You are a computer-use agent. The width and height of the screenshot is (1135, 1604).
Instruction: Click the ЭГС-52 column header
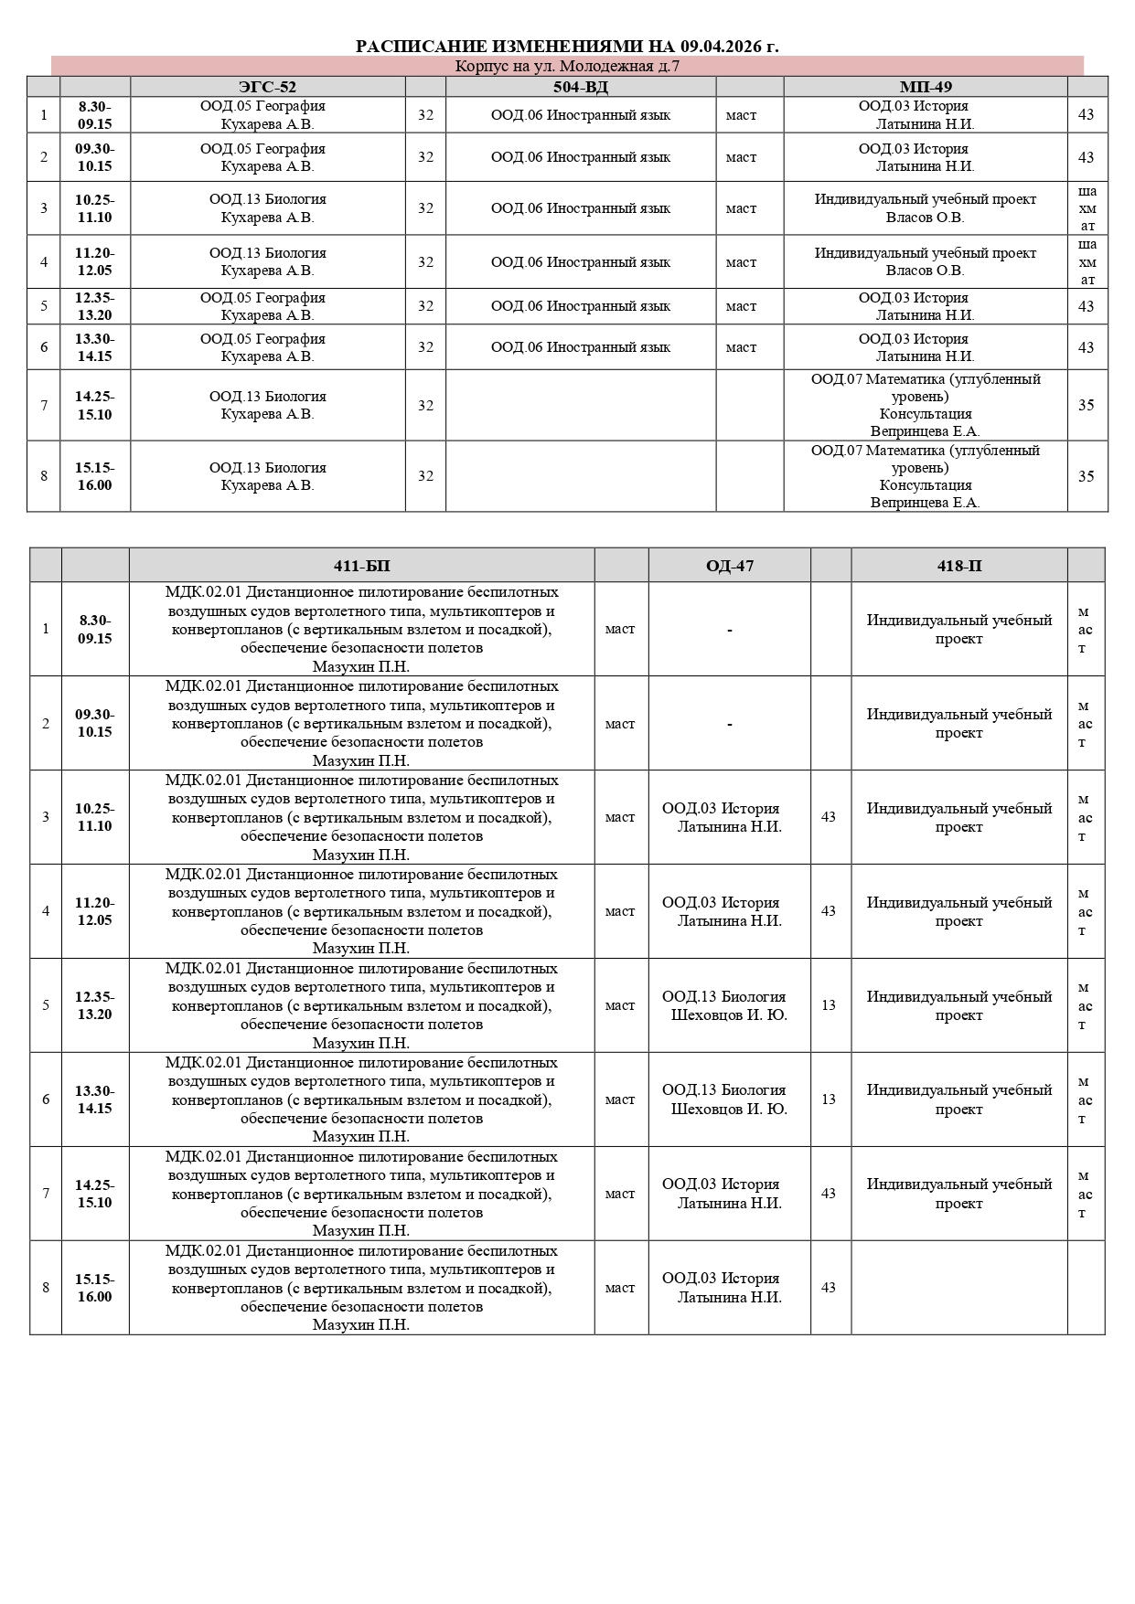pyautogui.click(x=267, y=87)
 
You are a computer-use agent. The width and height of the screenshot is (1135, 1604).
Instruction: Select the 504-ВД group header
pyautogui.click(x=580, y=87)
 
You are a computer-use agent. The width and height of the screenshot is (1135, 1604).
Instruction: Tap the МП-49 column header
pyautogui.click(x=925, y=87)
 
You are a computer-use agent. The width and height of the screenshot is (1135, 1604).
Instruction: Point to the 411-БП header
pyautogui.click(x=361, y=566)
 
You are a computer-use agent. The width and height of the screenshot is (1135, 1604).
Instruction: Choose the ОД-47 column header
pyautogui.click(x=729, y=566)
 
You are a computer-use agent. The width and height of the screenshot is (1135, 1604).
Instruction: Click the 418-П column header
pyautogui.click(x=958, y=566)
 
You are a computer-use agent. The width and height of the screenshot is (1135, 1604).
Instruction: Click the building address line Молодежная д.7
pyautogui.click(x=567, y=66)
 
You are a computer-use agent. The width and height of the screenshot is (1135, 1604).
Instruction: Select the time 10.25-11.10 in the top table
pyautogui.click(x=94, y=208)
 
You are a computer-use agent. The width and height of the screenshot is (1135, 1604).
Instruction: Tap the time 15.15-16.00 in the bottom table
pyautogui.click(x=94, y=1288)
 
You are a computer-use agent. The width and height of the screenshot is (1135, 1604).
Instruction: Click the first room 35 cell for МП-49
pyautogui.click(x=1086, y=405)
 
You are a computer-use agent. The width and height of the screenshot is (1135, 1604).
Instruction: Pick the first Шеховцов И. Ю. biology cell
pyautogui.click(x=729, y=1005)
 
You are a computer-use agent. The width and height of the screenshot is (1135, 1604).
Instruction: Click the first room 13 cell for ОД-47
pyautogui.click(x=829, y=1005)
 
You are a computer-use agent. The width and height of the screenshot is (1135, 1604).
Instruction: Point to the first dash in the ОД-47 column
pyautogui.click(x=729, y=630)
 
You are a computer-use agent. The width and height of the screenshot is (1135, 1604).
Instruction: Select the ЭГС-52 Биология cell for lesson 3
pyautogui.click(x=267, y=208)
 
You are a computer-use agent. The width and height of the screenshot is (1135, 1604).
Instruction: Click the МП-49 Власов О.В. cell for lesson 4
pyautogui.click(x=925, y=262)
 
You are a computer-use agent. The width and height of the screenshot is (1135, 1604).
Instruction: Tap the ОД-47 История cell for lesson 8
pyautogui.click(x=729, y=1288)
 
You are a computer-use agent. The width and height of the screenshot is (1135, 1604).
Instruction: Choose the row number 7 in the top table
pyautogui.click(x=44, y=405)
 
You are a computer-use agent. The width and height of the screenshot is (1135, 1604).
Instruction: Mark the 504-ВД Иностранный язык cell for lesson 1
pyautogui.click(x=580, y=115)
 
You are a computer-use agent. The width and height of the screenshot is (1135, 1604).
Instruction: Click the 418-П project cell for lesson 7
pyautogui.click(x=958, y=1194)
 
